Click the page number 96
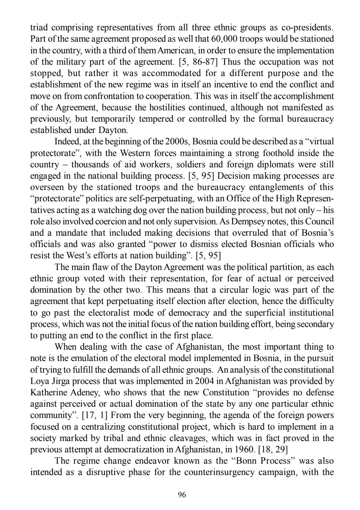[182, 494]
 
